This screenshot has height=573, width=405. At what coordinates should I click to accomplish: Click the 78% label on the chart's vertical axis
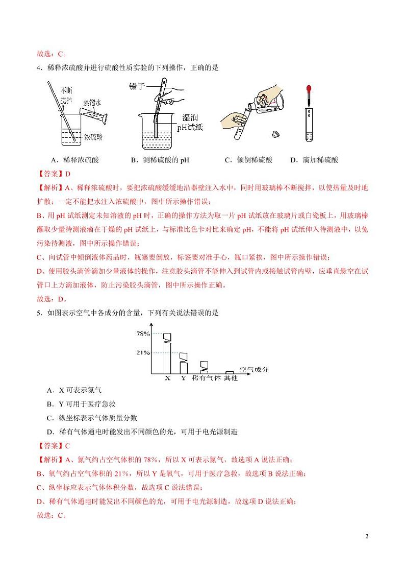[x=143, y=333]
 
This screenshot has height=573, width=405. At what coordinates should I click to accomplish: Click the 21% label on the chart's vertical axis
[x=143, y=352]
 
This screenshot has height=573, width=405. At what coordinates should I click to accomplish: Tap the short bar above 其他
[x=230, y=373]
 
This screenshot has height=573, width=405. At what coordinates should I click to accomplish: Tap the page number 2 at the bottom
[x=366, y=536]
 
